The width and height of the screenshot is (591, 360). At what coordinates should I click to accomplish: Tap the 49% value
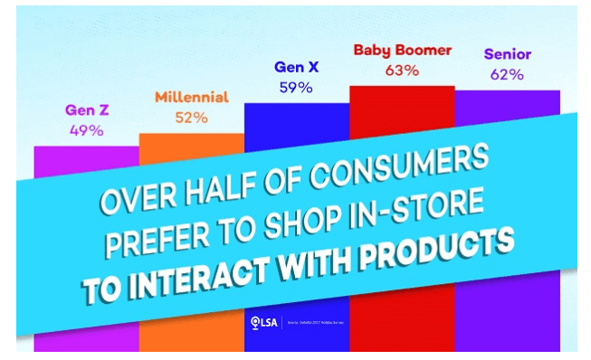[86, 130]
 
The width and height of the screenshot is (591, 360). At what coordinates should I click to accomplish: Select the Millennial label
[192, 97]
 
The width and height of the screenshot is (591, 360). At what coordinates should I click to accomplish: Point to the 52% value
[192, 117]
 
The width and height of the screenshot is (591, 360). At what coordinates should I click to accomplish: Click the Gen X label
[295, 67]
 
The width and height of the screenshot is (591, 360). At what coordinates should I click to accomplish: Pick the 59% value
[295, 88]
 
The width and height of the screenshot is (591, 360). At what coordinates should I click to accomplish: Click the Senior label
[508, 54]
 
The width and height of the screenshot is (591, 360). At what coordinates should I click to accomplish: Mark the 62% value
[508, 74]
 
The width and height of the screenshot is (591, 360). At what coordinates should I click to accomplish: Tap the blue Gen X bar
[295, 127]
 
